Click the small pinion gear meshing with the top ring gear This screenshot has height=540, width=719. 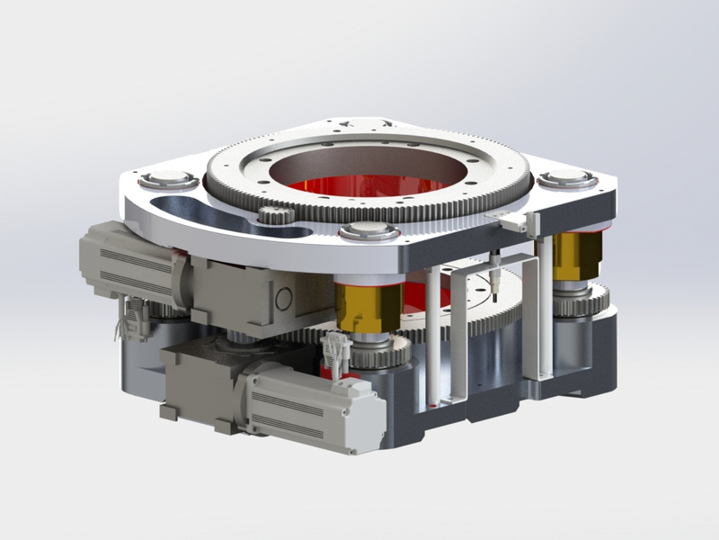coord(271,215)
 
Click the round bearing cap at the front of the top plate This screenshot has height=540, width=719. coord(369,230)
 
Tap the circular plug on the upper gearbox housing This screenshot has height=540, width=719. coord(285,298)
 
